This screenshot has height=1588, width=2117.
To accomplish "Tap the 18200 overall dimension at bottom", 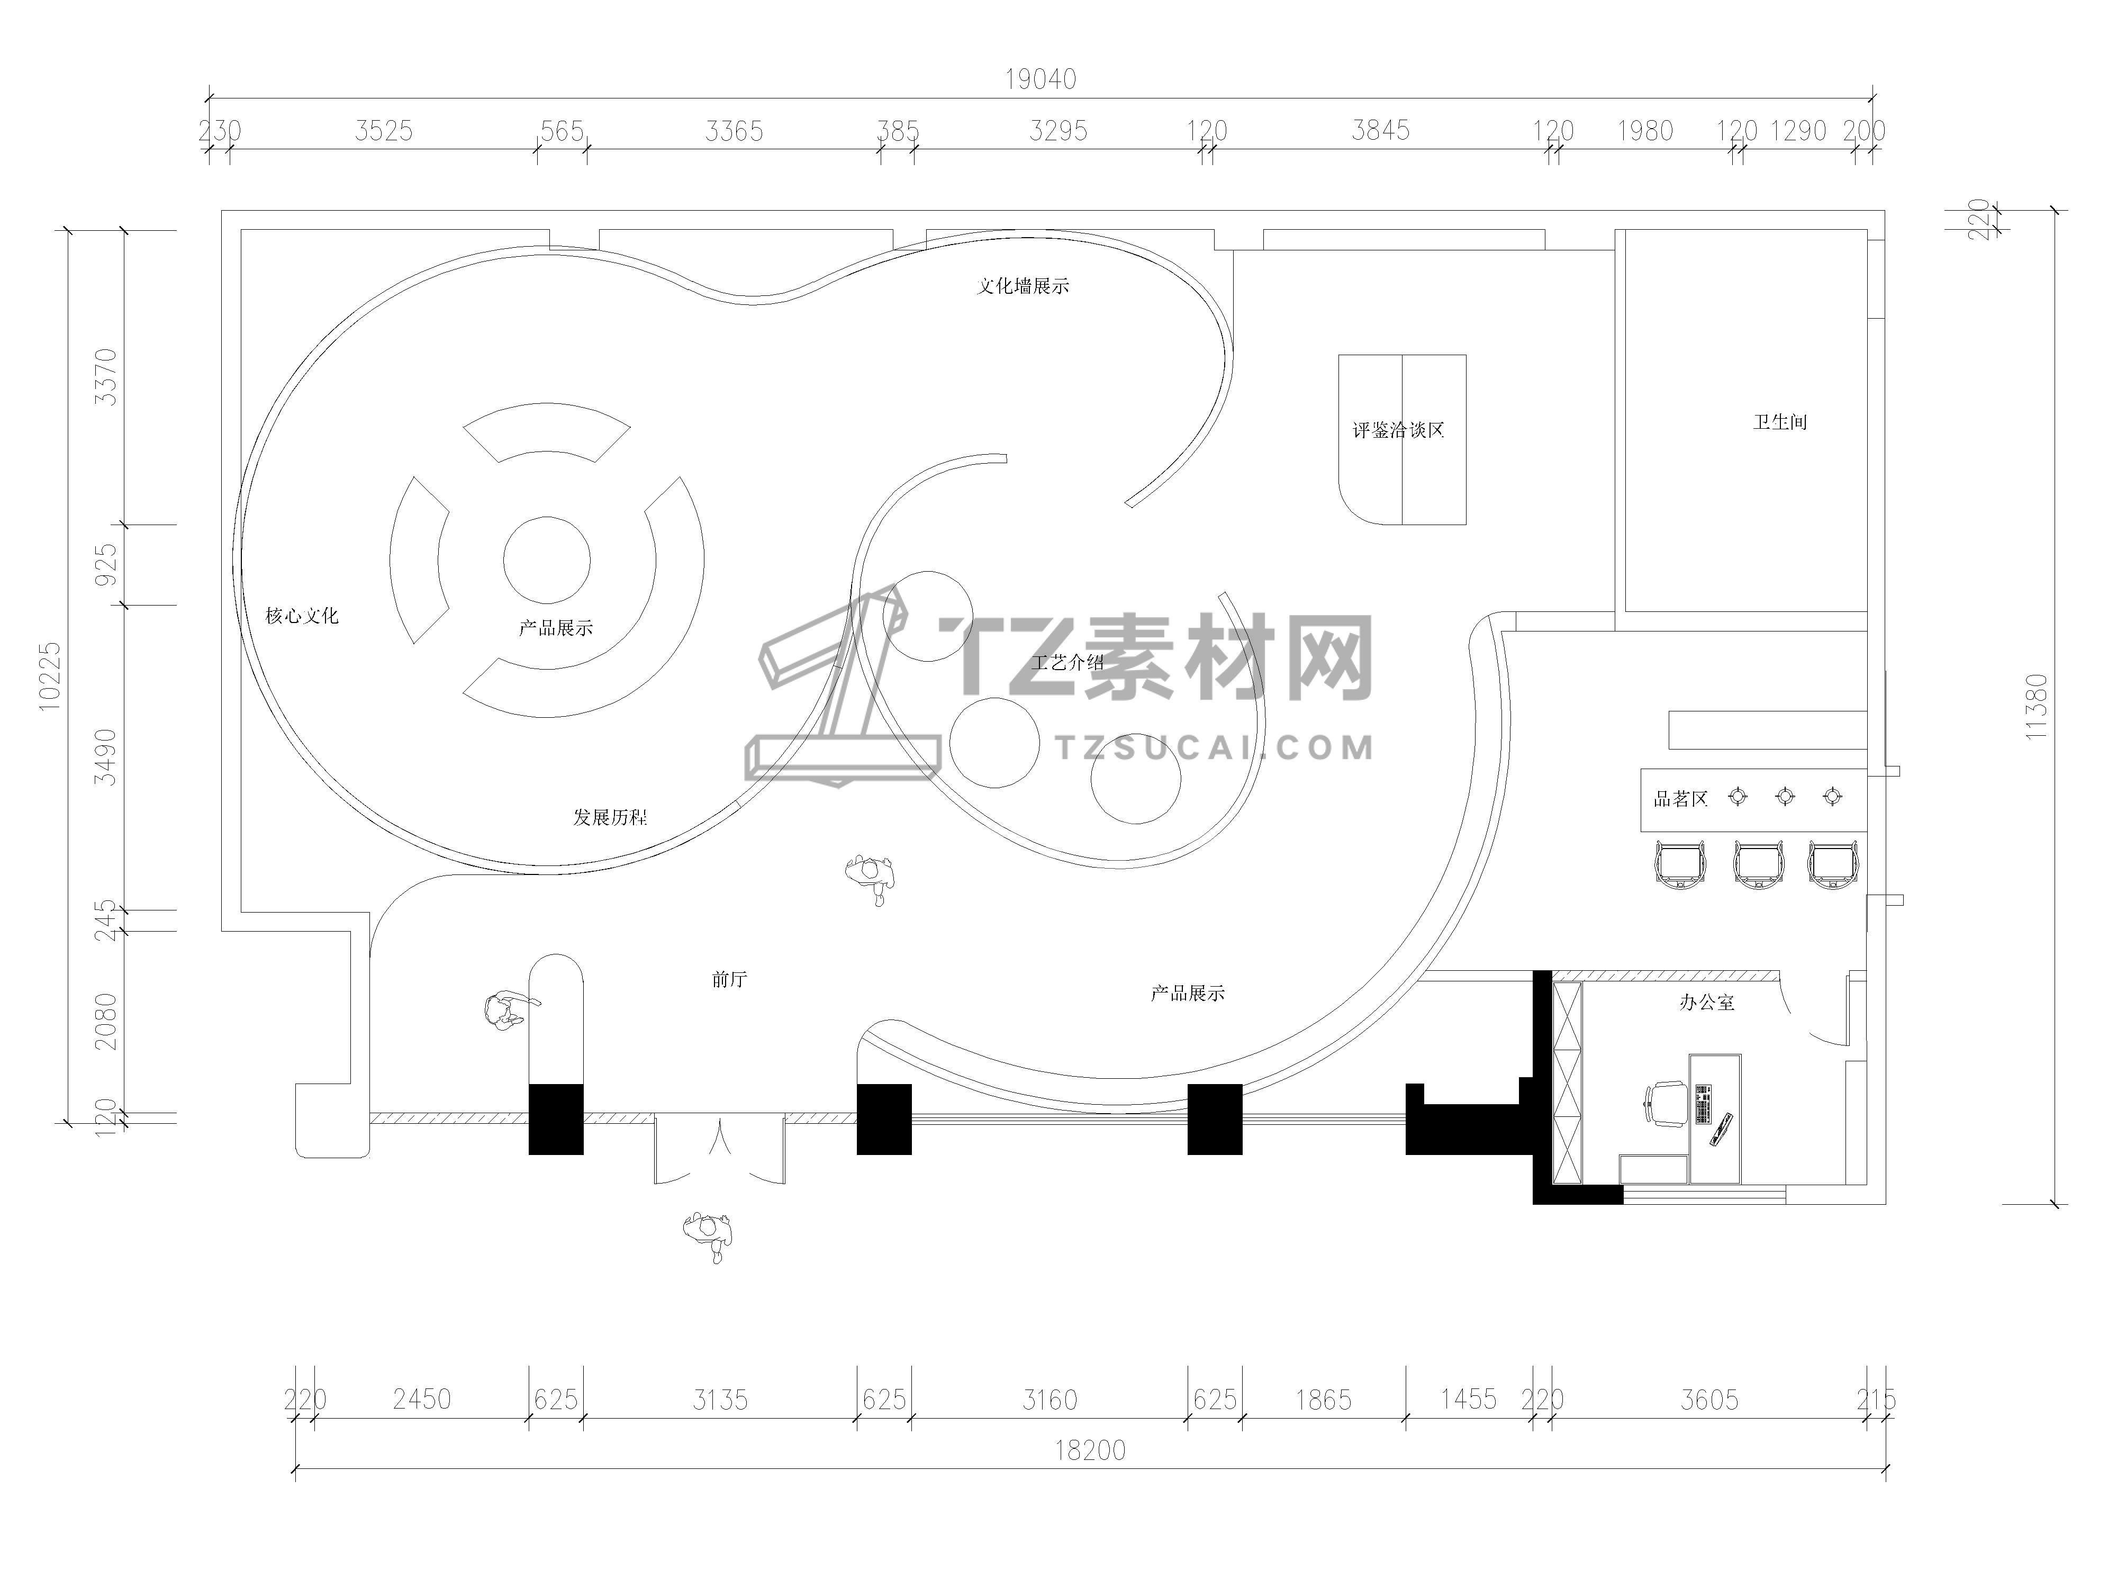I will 1090,1450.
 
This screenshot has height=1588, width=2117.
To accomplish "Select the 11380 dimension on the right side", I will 2035,707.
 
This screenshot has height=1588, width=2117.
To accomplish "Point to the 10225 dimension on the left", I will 50,676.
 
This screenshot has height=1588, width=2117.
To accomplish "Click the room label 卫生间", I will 1780,422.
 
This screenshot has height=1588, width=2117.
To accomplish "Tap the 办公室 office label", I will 1706,1002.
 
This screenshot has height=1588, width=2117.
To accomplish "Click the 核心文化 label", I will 302,616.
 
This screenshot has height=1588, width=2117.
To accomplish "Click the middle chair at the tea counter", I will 1758,864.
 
